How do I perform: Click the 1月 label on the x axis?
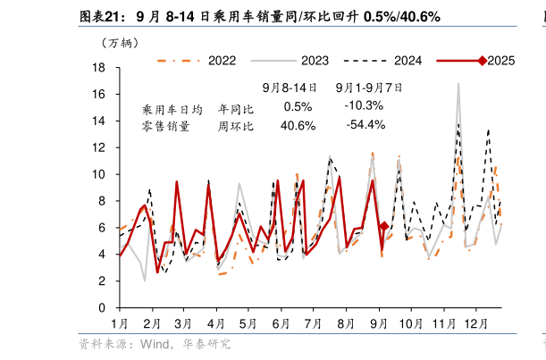click(119, 322)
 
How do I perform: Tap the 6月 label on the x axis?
click(281, 322)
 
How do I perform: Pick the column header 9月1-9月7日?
click(368, 88)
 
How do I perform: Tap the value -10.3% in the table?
click(365, 106)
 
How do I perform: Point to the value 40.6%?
click(298, 125)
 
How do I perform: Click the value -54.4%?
click(365, 125)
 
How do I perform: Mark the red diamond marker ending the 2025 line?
click(384, 227)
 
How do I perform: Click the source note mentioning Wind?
click(154, 344)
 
